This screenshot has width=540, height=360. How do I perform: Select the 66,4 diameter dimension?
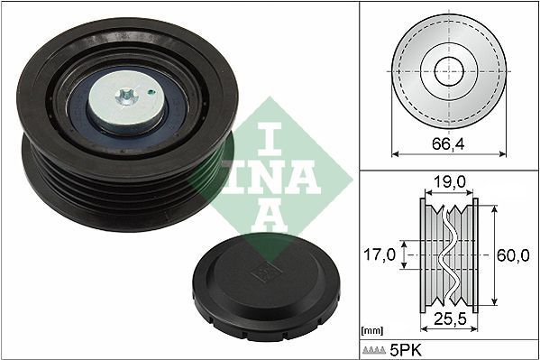coord(446,143)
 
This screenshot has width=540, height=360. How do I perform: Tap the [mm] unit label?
coord(371,331)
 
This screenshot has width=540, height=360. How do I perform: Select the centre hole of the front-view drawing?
coord(447,70)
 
